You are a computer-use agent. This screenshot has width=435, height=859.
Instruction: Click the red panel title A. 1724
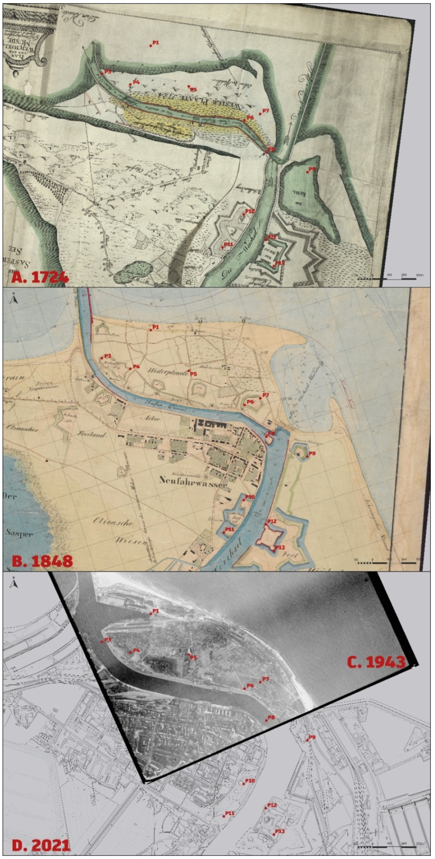(40, 278)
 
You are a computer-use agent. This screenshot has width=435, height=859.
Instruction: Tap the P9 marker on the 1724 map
(307, 172)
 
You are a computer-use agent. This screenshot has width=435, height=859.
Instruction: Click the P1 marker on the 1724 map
(151, 45)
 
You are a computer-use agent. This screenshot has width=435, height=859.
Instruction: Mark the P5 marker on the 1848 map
(189, 370)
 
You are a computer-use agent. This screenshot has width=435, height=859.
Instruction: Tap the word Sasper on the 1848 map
(19, 533)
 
